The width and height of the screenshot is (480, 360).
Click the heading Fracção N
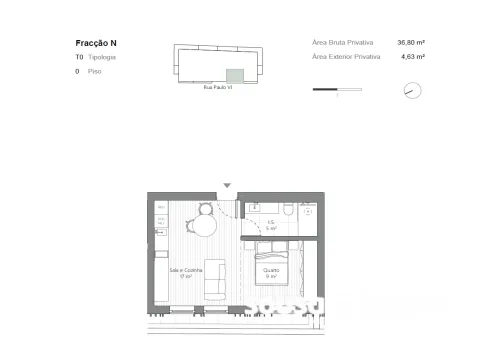click(96, 43)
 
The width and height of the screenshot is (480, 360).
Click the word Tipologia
click(101, 58)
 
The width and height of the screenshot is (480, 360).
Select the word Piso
click(94, 72)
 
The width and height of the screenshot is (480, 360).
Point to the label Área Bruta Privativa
click(343, 43)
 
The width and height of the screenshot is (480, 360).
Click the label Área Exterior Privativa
click(346, 57)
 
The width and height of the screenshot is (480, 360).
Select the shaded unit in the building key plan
click(235, 75)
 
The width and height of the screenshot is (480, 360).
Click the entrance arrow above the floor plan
click(228, 185)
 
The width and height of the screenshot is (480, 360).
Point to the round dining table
click(204, 224)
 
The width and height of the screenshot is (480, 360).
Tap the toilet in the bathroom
click(288, 209)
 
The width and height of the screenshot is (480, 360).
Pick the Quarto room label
click(271, 271)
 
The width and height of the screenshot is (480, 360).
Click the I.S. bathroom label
click(270, 225)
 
